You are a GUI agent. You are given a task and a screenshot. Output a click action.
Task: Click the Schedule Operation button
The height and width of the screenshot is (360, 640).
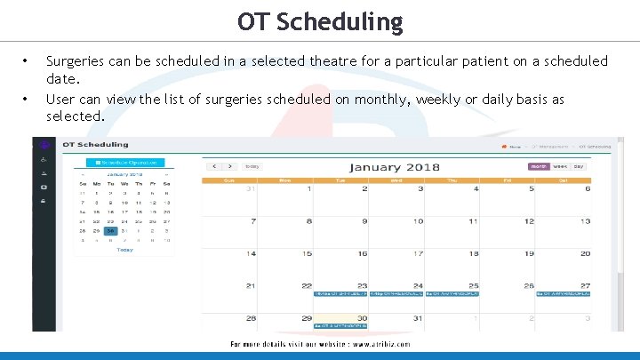pos(126,163)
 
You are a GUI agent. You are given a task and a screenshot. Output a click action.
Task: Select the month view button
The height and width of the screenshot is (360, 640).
pos(539,166)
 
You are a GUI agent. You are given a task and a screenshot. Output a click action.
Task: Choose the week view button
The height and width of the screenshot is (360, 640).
pos(560,166)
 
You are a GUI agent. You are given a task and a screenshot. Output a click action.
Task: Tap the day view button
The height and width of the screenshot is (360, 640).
pos(579,166)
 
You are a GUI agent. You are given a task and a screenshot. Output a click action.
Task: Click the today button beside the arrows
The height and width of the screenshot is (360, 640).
pos(252,166)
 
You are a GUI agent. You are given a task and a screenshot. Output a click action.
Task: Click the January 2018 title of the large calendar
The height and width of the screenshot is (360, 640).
pos(394,167)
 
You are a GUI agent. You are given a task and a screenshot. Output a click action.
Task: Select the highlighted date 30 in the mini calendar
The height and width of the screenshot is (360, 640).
pos(110,231)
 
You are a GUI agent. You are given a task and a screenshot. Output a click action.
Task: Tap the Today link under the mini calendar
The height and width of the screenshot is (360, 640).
pos(125,250)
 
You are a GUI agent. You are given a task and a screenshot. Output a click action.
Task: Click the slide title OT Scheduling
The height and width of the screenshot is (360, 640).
pos(320,21)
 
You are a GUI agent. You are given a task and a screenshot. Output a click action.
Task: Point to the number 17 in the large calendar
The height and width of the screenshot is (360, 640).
pos(418,254)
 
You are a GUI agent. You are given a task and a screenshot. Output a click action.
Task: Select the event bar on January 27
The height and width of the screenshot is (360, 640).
pos(564,293)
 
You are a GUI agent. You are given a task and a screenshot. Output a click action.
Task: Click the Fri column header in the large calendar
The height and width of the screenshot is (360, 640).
pos(508,180)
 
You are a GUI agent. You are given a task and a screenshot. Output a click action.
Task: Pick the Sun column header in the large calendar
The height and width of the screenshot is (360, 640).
pos(229,180)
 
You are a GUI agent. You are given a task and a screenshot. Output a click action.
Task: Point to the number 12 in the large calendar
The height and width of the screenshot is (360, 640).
pos(529,221)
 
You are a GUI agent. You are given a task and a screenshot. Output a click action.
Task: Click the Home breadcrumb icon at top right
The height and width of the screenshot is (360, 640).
pos(504,146)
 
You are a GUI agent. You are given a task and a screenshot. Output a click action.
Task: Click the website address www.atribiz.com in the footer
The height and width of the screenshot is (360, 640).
pos(372,344)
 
